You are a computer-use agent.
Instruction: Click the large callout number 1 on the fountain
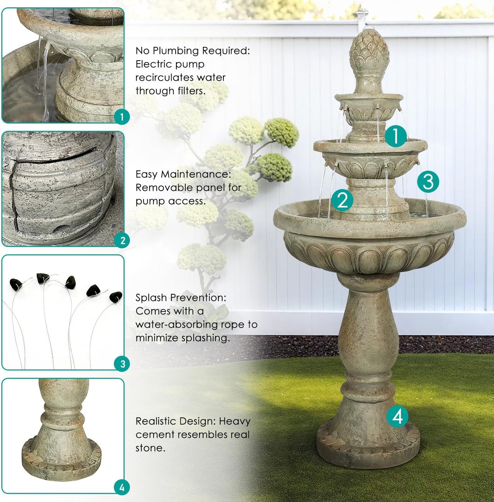(x=396, y=136)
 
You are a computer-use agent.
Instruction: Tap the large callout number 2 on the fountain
(x=342, y=200)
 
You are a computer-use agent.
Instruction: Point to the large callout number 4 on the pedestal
(x=398, y=416)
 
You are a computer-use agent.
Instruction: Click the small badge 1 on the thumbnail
(x=122, y=117)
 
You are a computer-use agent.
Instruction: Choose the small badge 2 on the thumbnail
(x=122, y=240)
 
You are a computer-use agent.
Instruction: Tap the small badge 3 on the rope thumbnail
(x=122, y=364)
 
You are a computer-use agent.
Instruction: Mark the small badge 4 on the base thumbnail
(x=122, y=487)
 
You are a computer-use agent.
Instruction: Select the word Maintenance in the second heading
(x=196, y=174)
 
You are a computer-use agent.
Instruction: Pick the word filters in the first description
(x=191, y=91)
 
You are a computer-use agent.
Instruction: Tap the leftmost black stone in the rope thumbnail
(x=16, y=283)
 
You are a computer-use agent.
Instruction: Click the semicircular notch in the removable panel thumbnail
(x=62, y=227)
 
